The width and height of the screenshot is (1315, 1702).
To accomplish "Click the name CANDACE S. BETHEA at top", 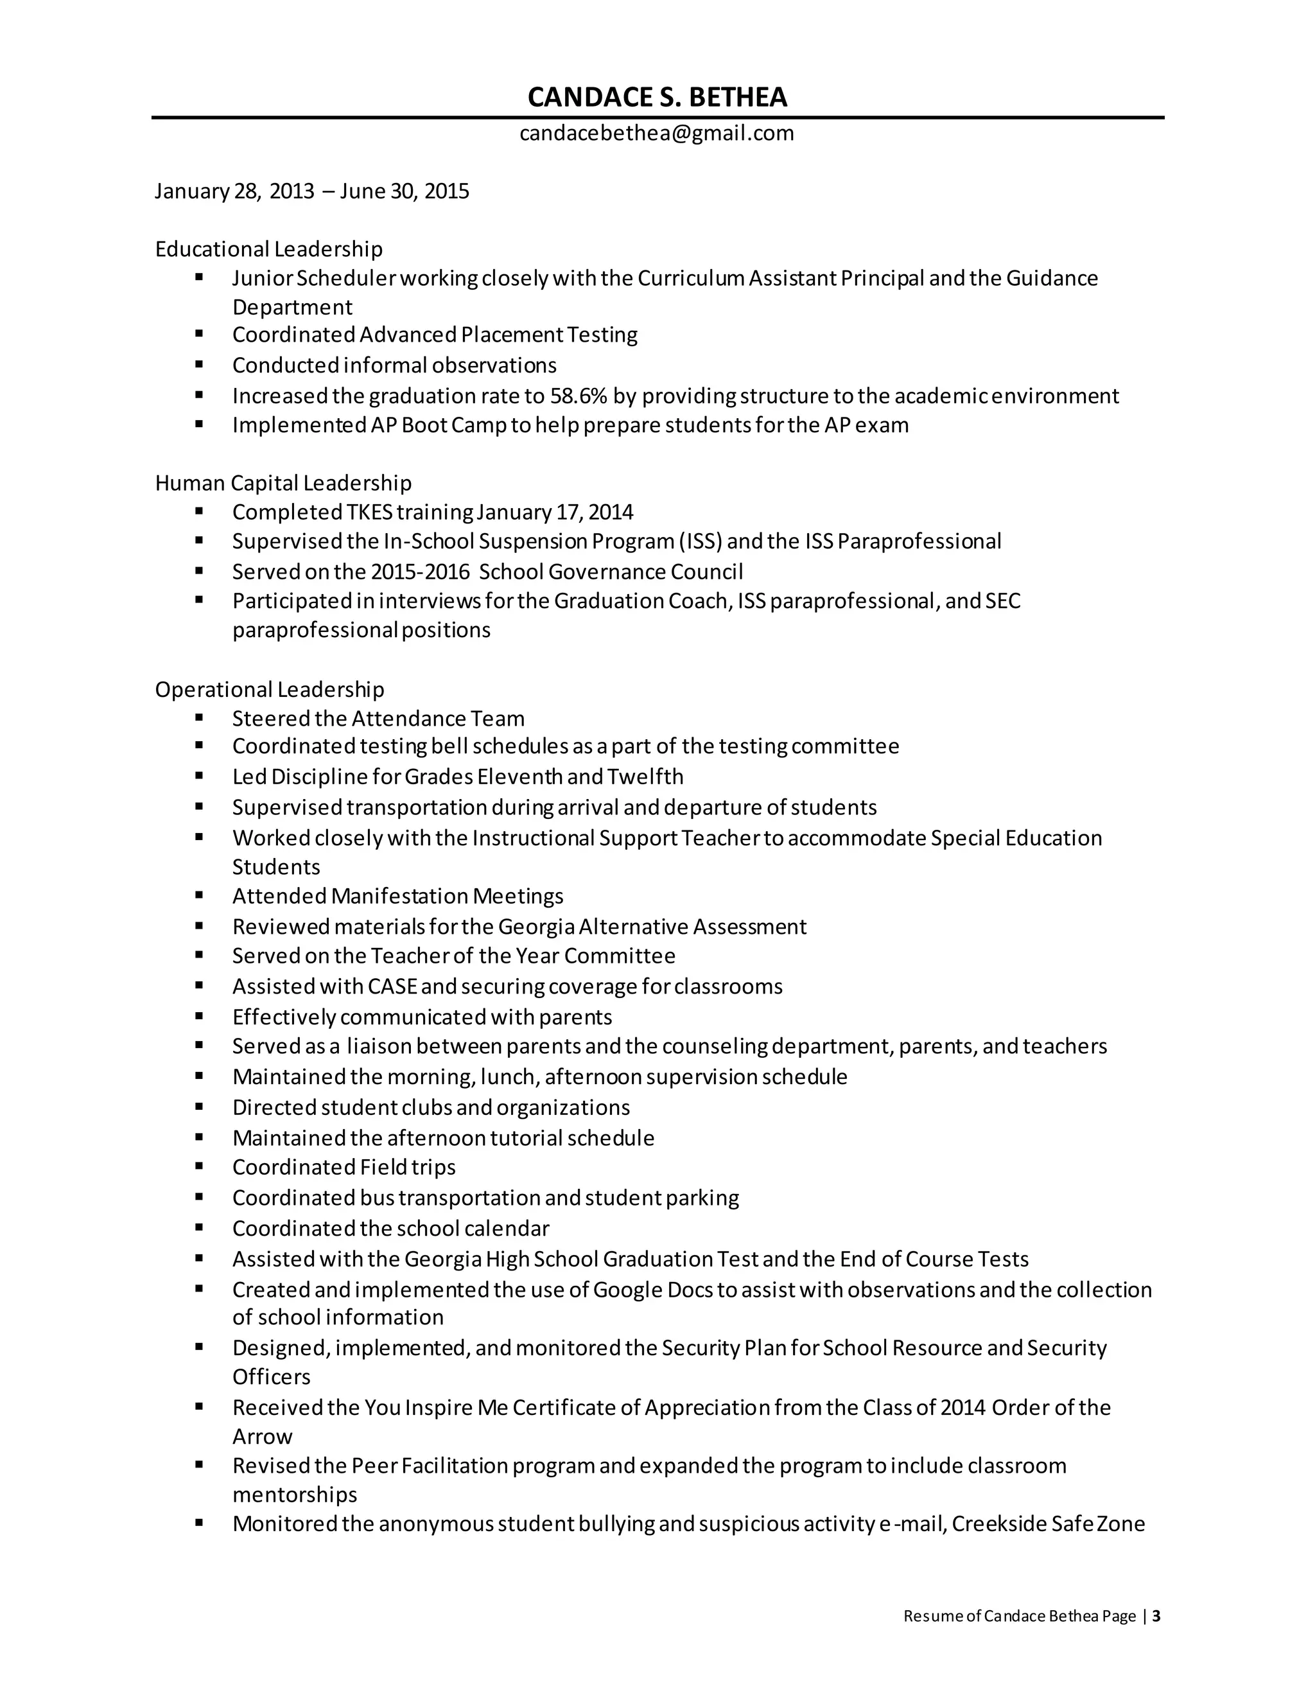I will (657, 98).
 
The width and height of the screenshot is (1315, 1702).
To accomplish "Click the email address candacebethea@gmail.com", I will (657, 133).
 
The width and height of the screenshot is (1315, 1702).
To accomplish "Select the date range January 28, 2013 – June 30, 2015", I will (311, 191).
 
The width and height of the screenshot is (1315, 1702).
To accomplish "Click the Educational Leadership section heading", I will (269, 249).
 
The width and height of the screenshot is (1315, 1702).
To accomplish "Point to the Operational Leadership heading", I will (270, 690).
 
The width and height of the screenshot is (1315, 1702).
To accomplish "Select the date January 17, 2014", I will (555, 512).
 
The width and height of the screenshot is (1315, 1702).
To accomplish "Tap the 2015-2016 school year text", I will (421, 572).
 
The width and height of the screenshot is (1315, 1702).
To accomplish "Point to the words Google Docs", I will (653, 1290).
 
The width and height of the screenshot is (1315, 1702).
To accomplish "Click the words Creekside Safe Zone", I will (1048, 1523).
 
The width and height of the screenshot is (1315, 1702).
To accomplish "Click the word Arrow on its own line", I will (263, 1436).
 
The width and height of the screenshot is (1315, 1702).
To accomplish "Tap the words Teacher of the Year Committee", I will (523, 956).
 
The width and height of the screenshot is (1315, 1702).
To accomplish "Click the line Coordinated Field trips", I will (344, 1168).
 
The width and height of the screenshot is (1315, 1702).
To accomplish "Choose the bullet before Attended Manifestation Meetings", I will (200, 895).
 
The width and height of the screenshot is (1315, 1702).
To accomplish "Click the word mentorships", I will (295, 1495).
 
